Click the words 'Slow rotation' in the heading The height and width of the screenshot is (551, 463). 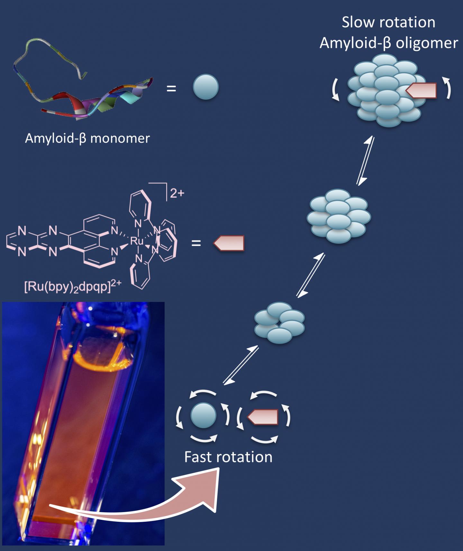[388, 23]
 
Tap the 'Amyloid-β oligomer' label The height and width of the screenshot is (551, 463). [388, 43]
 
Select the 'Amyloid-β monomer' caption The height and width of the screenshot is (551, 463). [87, 138]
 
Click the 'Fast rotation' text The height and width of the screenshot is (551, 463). [228, 457]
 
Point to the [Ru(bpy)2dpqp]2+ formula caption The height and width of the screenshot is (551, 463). [73, 286]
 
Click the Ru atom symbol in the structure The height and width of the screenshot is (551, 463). [136, 241]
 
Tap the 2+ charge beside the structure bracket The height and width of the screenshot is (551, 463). [177, 193]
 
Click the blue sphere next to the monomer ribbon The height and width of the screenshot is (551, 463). [206, 87]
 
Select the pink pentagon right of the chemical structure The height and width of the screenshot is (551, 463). [229, 243]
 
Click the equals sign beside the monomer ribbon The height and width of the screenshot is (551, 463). [171, 88]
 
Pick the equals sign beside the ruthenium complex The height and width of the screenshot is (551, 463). [196, 243]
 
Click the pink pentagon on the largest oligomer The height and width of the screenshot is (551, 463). [421, 90]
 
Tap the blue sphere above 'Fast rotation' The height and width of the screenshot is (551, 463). [203, 415]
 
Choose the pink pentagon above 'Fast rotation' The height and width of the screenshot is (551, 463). [263, 417]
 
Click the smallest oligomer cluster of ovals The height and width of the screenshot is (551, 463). [279, 323]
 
